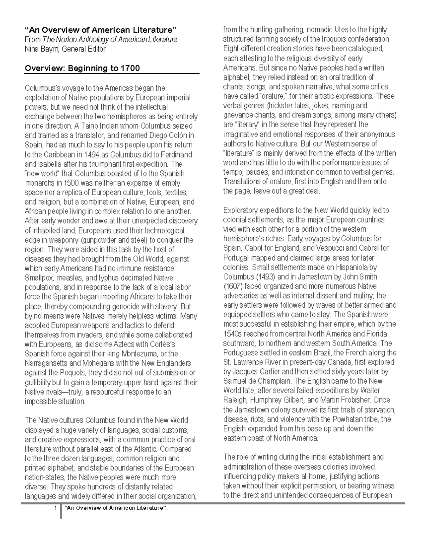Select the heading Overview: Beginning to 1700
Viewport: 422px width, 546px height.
coord(82,68)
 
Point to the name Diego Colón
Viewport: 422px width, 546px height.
coord(167,135)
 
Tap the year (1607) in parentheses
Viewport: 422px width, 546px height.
coord(232,286)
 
